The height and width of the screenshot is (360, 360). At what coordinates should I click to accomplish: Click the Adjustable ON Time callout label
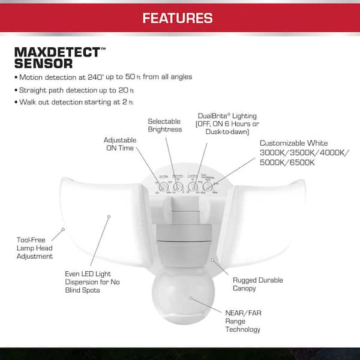120,144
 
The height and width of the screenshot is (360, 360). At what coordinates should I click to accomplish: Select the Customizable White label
293,143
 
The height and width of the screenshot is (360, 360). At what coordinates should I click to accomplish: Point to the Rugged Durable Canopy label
257,284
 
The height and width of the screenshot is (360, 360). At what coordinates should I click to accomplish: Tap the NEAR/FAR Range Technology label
243,321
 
